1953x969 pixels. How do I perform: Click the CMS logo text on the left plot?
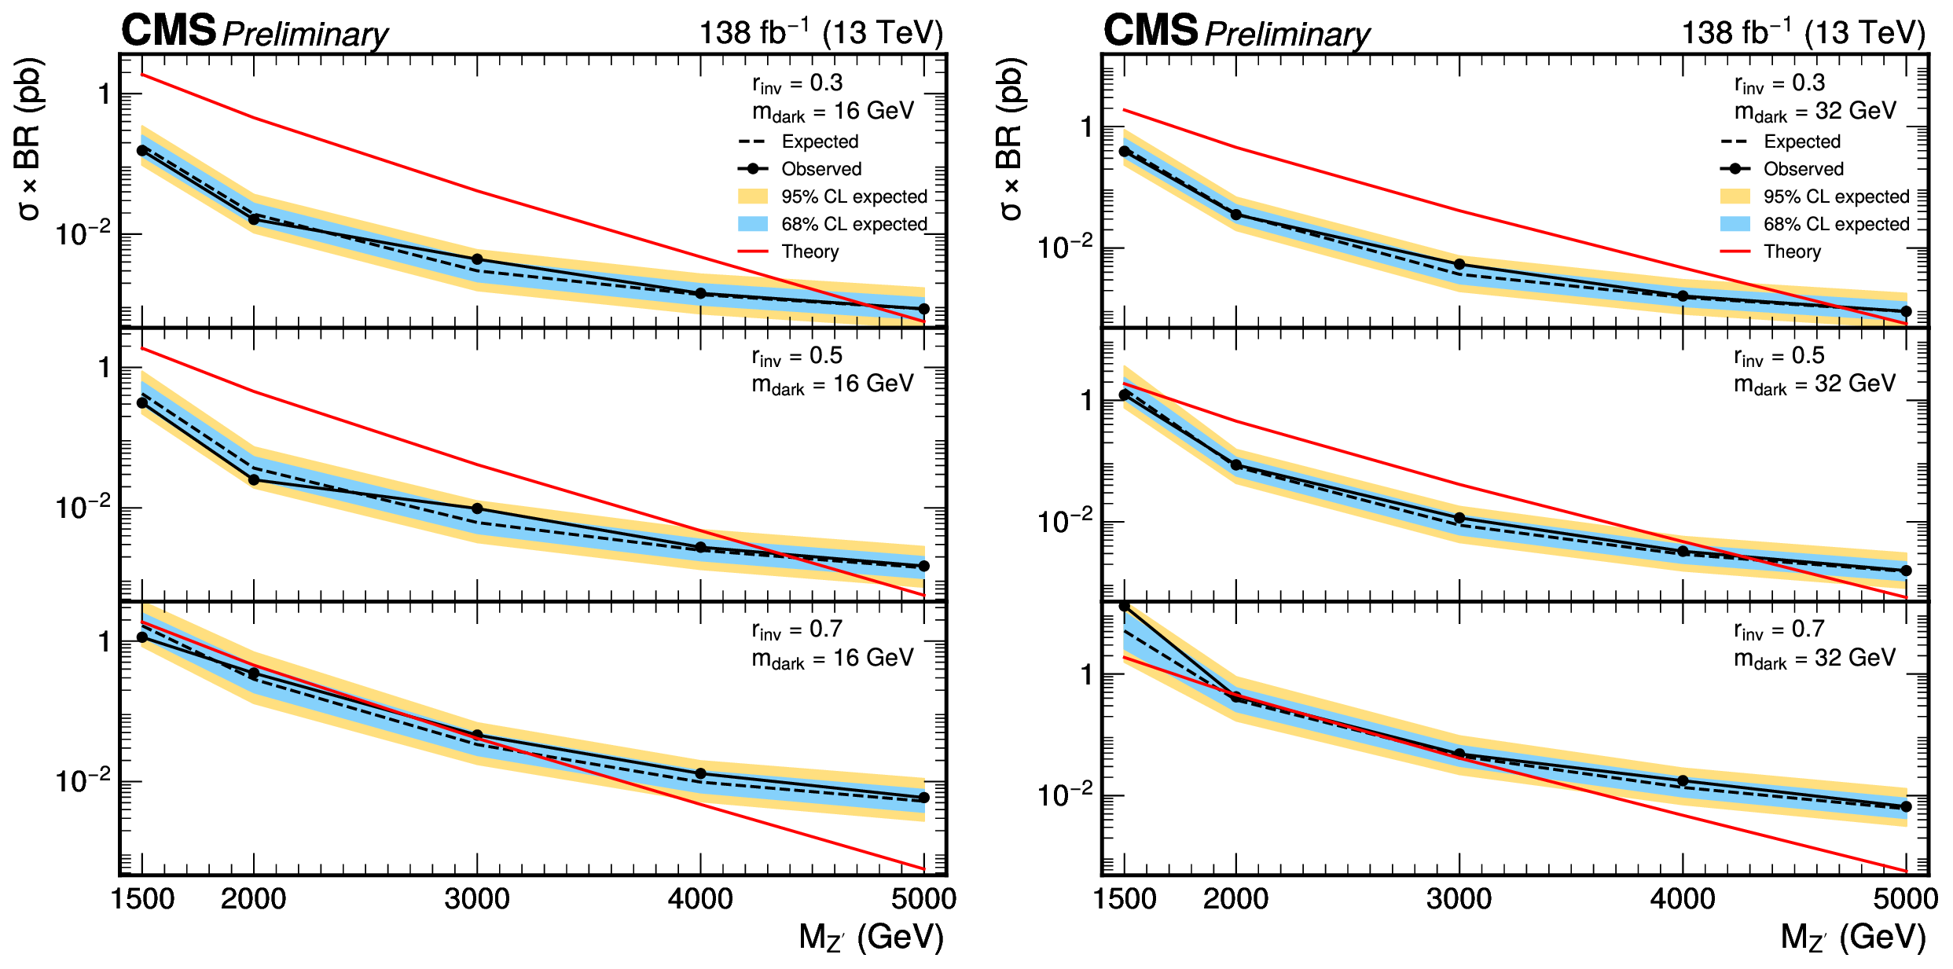point(168,31)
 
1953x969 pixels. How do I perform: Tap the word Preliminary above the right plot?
point(1287,35)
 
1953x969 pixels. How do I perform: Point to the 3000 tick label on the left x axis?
point(477,898)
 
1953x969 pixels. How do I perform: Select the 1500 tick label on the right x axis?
point(1125,898)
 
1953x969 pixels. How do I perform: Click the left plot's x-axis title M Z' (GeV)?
point(871,938)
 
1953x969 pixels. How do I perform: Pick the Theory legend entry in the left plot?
point(809,251)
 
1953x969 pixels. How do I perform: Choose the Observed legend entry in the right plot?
point(1803,169)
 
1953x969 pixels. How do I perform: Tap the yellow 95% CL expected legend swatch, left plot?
point(752,196)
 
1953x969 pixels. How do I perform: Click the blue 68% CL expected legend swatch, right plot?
point(1735,224)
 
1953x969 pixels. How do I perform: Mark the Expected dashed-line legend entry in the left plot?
point(819,141)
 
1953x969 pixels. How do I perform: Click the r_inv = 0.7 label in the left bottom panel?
point(797,630)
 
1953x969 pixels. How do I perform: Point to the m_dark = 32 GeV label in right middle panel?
point(1815,384)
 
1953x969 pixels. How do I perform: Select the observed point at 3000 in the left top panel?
point(477,259)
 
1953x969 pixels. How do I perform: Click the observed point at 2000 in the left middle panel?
point(254,479)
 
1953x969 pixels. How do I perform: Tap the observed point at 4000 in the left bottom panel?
point(700,774)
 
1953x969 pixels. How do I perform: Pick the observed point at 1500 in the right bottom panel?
point(1125,607)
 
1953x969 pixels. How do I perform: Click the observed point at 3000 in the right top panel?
point(1459,264)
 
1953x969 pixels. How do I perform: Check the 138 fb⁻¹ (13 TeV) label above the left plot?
point(820,33)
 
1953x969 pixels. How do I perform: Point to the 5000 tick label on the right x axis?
point(1905,898)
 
